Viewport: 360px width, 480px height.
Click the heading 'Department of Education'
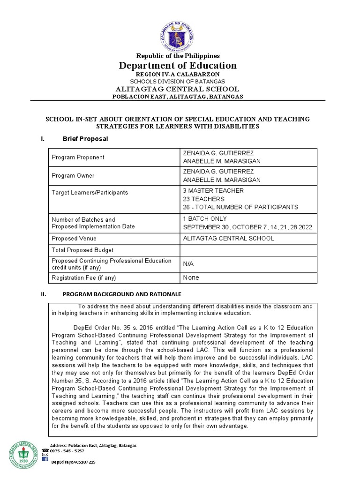pyautogui.click(x=178, y=65)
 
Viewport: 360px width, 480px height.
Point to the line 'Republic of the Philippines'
pyautogui.click(x=178, y=56)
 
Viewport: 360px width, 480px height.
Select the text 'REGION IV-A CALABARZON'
pyautogui.click(x=178, y=75)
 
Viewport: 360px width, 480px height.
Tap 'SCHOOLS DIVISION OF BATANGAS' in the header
pyautogui.click(x=178, y=82)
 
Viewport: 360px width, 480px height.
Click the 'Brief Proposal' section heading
pyautogui.click(x=85, y=139)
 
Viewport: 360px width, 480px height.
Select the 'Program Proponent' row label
pyautogui.click(x=78, y=157)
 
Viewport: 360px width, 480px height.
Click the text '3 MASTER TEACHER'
pyautogui.click(x=213, y=191)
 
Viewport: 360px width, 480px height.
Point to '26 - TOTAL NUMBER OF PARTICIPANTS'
pyautogui.click(x=240, y=207)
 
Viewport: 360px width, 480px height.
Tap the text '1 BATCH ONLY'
pyautogui.click(x=205, y=219)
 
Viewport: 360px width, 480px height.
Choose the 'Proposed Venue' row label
pyautogui.click(x=74, y=239)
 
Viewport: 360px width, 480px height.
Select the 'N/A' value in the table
pyautogui.click(x=188, y=264)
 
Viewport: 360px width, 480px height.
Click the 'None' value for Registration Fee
pyautogui.click(x=191, y=277)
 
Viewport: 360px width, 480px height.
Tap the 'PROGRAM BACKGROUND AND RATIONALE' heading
pyautogui.click(x=122, y=294)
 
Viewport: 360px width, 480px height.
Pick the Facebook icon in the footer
pyautogui.click(x=45, y=459)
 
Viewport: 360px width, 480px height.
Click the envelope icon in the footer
pyautogui.click(x=45, y=455)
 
